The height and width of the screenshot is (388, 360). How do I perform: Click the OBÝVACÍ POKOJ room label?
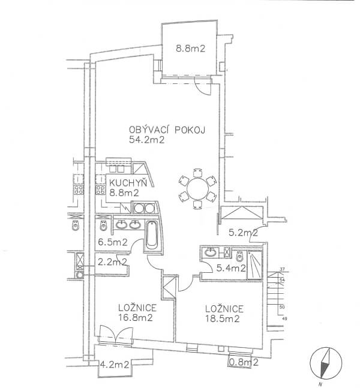tap(167, 130)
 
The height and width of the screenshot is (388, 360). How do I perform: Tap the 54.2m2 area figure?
tap(147, 140)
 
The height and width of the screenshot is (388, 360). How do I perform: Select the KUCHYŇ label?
tap(128, 183)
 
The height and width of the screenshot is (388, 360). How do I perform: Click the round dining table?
tap(197, 190)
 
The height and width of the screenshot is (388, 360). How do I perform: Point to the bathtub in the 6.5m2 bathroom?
tap(151, 235)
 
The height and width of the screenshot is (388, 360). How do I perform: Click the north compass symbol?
tap(326, 362)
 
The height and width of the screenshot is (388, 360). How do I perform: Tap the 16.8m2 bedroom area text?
tap(135, 317)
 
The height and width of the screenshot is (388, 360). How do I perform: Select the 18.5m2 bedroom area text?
tap(222, 318)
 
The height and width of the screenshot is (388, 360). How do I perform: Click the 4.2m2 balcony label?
tap(115, 365)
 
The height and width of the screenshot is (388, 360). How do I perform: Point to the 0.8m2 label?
tap(244, 362)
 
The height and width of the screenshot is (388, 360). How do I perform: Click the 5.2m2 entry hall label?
tap(243, 233)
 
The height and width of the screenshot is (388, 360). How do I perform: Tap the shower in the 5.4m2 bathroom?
tap(254, 265)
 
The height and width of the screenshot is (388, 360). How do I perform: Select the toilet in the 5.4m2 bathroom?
tap(239, 257)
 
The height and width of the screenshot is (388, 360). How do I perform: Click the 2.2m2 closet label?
tap(112, 262)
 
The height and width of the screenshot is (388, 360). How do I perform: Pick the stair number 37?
tap(282, 269)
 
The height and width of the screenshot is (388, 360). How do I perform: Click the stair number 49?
tap(284, 318)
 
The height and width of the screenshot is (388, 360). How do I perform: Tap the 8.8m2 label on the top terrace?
tap(190, 49)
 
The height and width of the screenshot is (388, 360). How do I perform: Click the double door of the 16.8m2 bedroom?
tap(116, 334)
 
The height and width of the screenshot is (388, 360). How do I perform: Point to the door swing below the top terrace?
tap(203, 85)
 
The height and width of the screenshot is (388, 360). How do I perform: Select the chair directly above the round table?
tap(197, 173)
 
